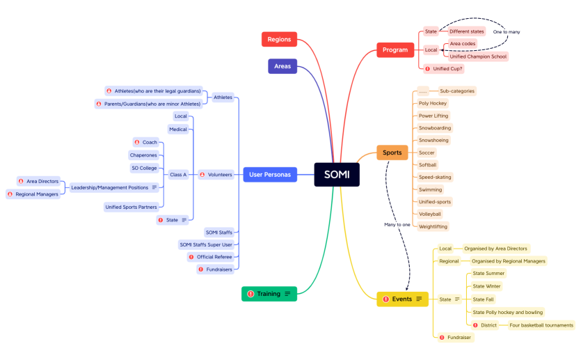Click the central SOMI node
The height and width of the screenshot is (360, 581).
tap(336, 174)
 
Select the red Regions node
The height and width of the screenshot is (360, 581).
tap(279, 40)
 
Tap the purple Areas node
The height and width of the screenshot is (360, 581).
tap(282, 66)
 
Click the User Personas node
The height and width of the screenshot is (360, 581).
tap(270, 174)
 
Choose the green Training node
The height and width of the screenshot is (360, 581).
tap(269, 294)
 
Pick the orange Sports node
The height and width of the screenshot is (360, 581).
tap(392, 152)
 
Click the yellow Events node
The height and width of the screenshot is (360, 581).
tap(402, 299)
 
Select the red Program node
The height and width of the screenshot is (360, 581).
tap(395, 49)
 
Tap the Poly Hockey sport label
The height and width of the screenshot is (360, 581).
tap(433, 103)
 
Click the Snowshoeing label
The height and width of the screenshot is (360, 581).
tap(433, 140)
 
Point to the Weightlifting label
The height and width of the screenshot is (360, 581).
tap(433, 226)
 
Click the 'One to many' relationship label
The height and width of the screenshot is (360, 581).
tap(506, 32)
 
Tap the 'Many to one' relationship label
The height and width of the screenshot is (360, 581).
tap(397, 224)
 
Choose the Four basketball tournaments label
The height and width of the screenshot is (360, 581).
tap(541, 325)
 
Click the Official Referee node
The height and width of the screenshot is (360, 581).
tap(214, 257)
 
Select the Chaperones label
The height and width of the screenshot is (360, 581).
tap(143, 155)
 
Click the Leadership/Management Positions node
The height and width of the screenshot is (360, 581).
tap(110, 187)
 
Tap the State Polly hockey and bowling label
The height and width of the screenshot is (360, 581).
tap(507, 312)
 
